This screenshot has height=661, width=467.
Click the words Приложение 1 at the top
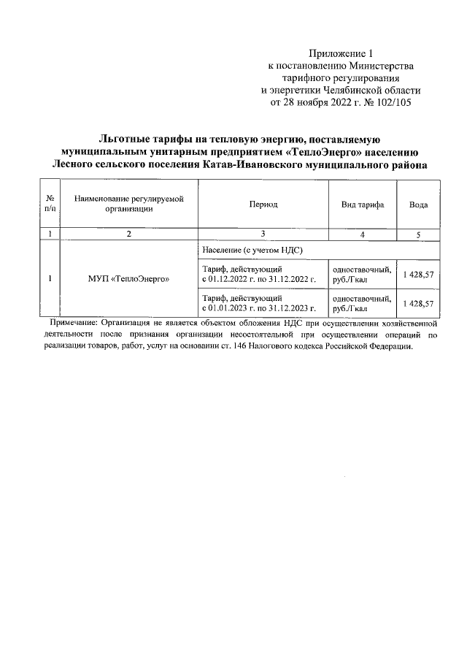[x=341, y=54]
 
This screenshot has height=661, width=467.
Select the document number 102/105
[x=393, y=103]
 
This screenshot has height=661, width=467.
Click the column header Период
[x=263, y=205]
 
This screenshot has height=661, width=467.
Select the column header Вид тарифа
[x=363, y=205]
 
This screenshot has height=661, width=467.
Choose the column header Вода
[x=418, y=205]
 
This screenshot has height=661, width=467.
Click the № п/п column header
[x=50, y=205]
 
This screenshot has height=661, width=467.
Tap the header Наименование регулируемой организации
[x=128, y=205]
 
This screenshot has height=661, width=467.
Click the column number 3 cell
[x=263, y=234]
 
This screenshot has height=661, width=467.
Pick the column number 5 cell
[x=418, y=234]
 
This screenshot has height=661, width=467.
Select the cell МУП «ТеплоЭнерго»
[x=128, y=279]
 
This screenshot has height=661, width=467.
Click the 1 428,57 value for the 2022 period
[x=418, y=274]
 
